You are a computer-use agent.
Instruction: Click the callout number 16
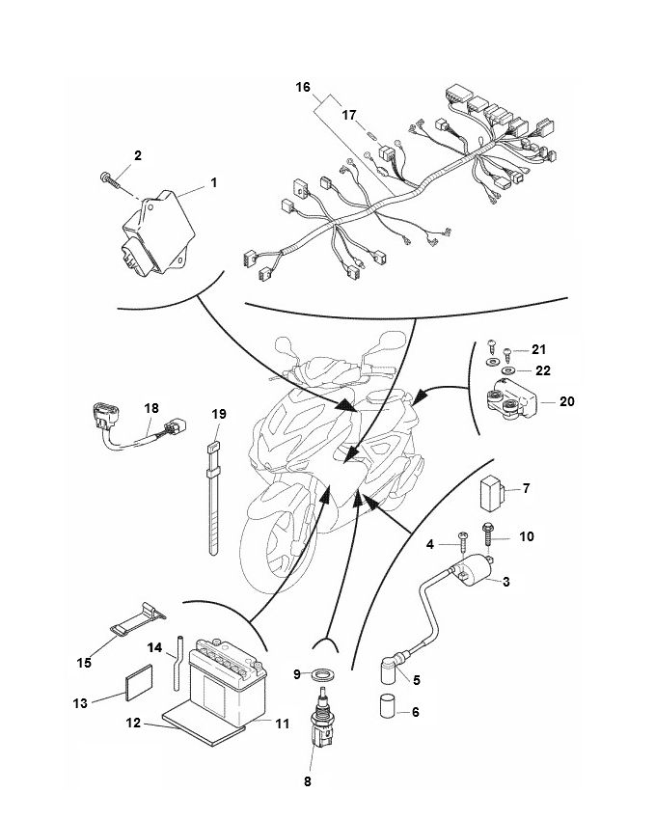(x=303, y=87)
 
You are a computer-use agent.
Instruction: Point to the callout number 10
(x=527, y=535)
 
